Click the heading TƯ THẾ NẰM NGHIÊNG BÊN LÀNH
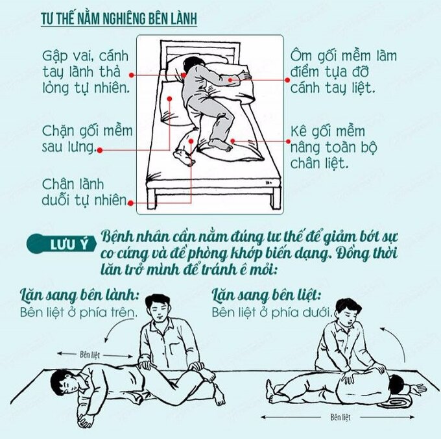tap(119, 19)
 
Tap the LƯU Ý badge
tap(62, 244)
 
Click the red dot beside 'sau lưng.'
tap(100, 151)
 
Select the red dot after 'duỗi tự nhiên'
tap(130, 203)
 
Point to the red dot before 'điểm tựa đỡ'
tap(287, 80)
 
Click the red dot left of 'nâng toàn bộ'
tap(288, 142)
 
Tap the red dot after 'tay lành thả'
tap(131, 75)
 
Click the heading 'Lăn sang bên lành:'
tap(80, 295)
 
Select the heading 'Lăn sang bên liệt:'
tap(267, 295)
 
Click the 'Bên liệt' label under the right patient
tap(340, 417)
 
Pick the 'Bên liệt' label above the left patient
tap(89, 354)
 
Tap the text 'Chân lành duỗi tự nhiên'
tap(85, 192)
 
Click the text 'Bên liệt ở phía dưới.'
tap(272, 312)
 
